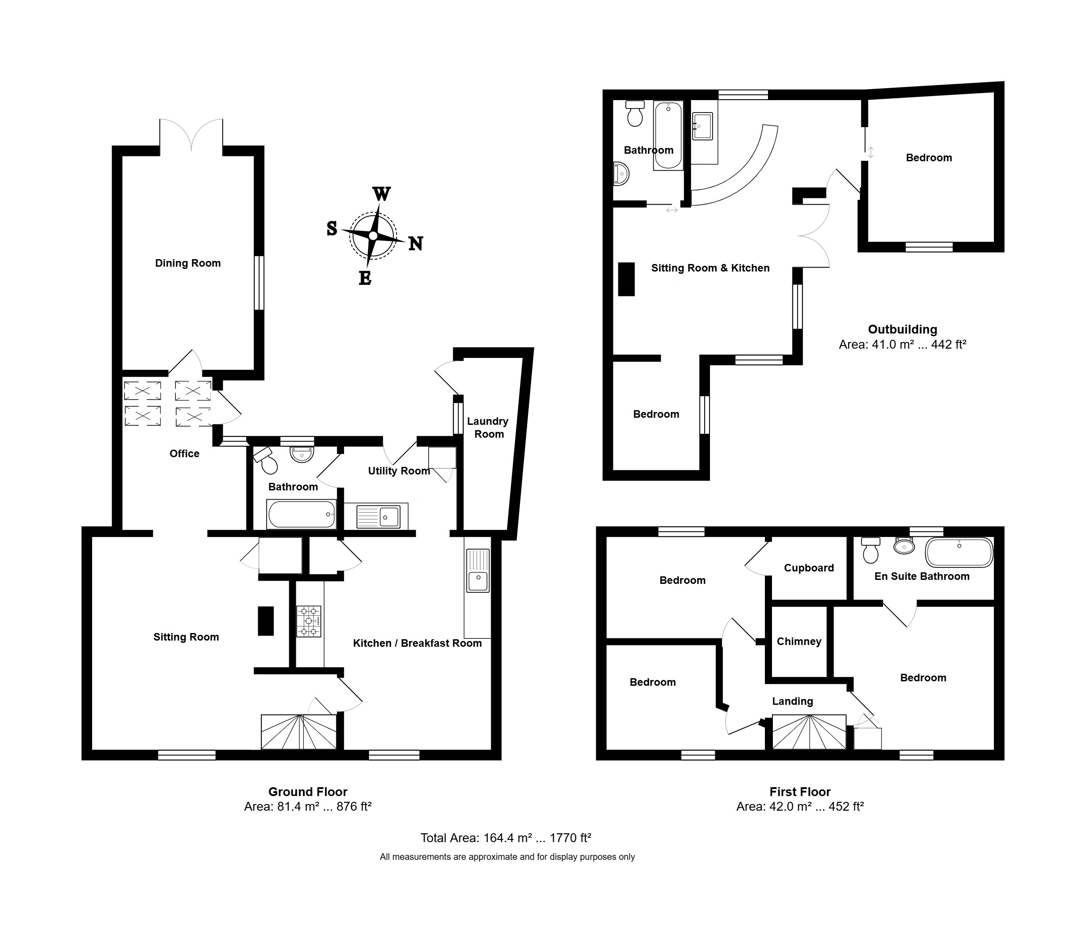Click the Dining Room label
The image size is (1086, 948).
pyautogui.click(x=188, y=263)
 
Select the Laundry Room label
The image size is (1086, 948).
pyautogui.click(x=488, y=427)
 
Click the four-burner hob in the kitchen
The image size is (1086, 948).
pyautogui.click(x=308, y=621)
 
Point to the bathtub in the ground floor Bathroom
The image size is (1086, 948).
pyautogui.click(x=301, y=514)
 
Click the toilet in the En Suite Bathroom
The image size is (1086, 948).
pyautogui.click(x=870, y=550)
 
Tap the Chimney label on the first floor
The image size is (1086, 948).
pyautogui.click(x=799, y=641)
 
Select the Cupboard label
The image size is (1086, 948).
pyautogui.click(x=809, y=567)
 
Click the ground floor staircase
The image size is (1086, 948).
pyautogui.click(x=299, y=732)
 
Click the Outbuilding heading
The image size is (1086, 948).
pyautogui.click(x=903, y=329)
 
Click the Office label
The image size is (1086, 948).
pyautogui.click(x=184, y=453)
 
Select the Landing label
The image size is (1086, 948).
pyautogui.click(x=792, y=701)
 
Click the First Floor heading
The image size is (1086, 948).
pyautogui.click(x=800, y=792)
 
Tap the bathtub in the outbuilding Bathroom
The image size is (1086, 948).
pyautogui.click(x=668, y=136)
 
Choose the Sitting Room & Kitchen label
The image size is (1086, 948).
pyautogui.click(x=710, y=268)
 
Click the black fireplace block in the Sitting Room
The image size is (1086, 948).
pyautogui.click(x=266, y=621)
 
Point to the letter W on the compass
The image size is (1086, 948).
pyautogui.click(x=382, y=194)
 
